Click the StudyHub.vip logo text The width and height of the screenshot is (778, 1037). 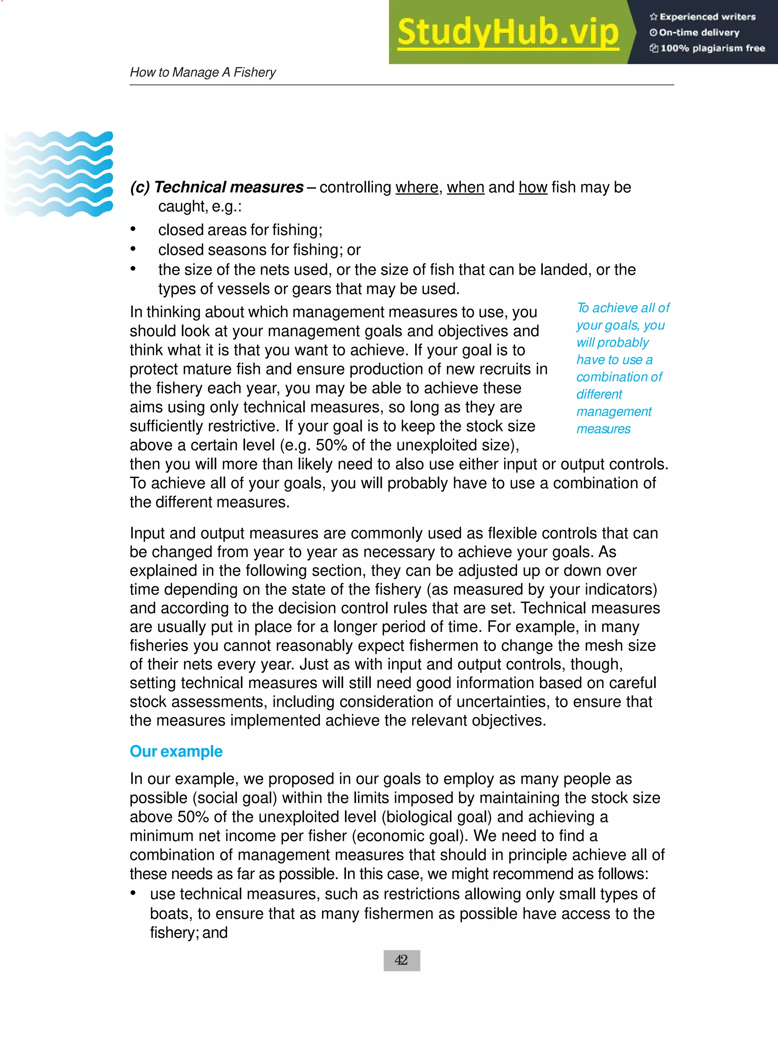pyautogui.click(x=508, y=32)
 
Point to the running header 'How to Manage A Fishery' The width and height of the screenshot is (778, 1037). pyautogui.click(x=202, y=72)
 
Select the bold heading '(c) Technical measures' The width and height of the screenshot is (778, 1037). pyautogui.click(x=217, y=187)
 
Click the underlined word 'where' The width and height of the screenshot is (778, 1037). pyautogui.click(x=416, y=187)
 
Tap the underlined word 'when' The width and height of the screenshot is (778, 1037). pyautogui.click(x=465, y=187)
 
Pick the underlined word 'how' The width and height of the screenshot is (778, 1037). pyautogui.click(x=533, y=187)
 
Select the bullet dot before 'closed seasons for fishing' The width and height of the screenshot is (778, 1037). pyautogui.click(x=133, y=249)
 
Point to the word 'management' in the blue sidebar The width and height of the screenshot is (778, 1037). pyautogui.click(x=614, y=412)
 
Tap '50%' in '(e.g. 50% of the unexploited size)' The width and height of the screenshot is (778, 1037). pyautogui.click(x=331, y=445)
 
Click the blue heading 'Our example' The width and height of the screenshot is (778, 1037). pyautogui.click(x=176, y=751)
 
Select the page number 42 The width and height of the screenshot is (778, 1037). pyautogui.click(x=402, y=960)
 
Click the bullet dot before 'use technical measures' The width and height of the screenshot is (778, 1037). pyautogui.click(x=133, y=893)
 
